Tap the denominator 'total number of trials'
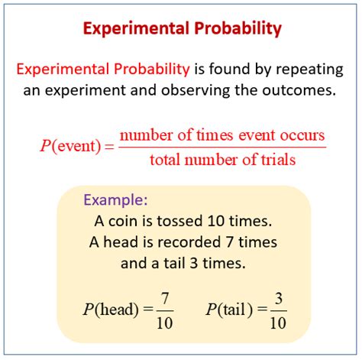click(222, 161)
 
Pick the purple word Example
click(115, 201)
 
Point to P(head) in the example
click(113, 310)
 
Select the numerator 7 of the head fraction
click(163, 297)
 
